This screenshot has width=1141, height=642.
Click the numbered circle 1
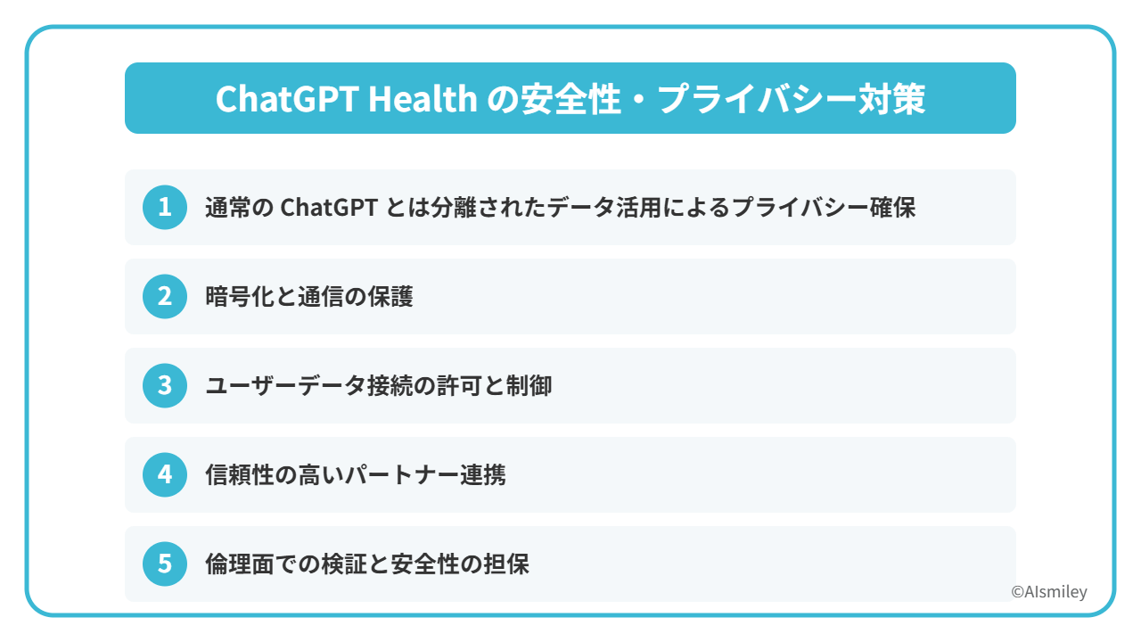tap(165, 208)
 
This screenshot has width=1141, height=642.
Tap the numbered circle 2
tap(165, 297)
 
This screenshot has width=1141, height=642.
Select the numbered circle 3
tap(165, 386)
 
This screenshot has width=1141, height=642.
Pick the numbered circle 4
tap(165, 475)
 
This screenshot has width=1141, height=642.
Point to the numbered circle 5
tap(165, 564)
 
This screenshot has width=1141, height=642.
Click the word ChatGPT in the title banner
tap(287, 98)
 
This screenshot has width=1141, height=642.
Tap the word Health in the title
tap(423, 98)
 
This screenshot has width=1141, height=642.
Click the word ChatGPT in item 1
tap(329, 208)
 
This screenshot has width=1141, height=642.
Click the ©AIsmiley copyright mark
tap(1049, 591)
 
